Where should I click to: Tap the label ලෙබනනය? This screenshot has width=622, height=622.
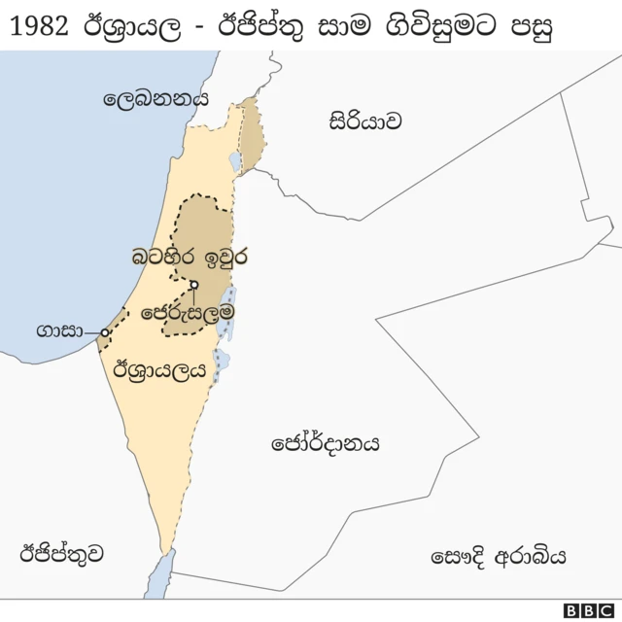pyautogui.click(x=156, y=98)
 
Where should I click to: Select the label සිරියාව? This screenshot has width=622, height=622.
pyautogui.click(x=364, y=121)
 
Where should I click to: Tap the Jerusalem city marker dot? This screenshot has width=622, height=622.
pyautogui.click(x=194, y=285)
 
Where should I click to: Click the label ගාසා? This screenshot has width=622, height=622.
pyautogui.click(x=57, y=331)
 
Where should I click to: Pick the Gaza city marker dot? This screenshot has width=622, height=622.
pyautogui.click(x=105, y=332)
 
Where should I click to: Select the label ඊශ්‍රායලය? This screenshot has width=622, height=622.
pyautogui.click(x=160, y=369)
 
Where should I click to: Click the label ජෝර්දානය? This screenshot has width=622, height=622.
pyautogui.click(x=325, y=443)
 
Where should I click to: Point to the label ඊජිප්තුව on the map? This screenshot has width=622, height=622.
pyautogui.click(x=61, y=553)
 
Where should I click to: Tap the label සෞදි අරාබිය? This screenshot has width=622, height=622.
pyautogui.click(x=498, y=557)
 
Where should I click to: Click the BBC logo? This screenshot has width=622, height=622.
pyautogui.click(x=588, y=609)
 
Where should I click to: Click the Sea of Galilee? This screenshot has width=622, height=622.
pyautogui.click(x=235, y=161)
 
